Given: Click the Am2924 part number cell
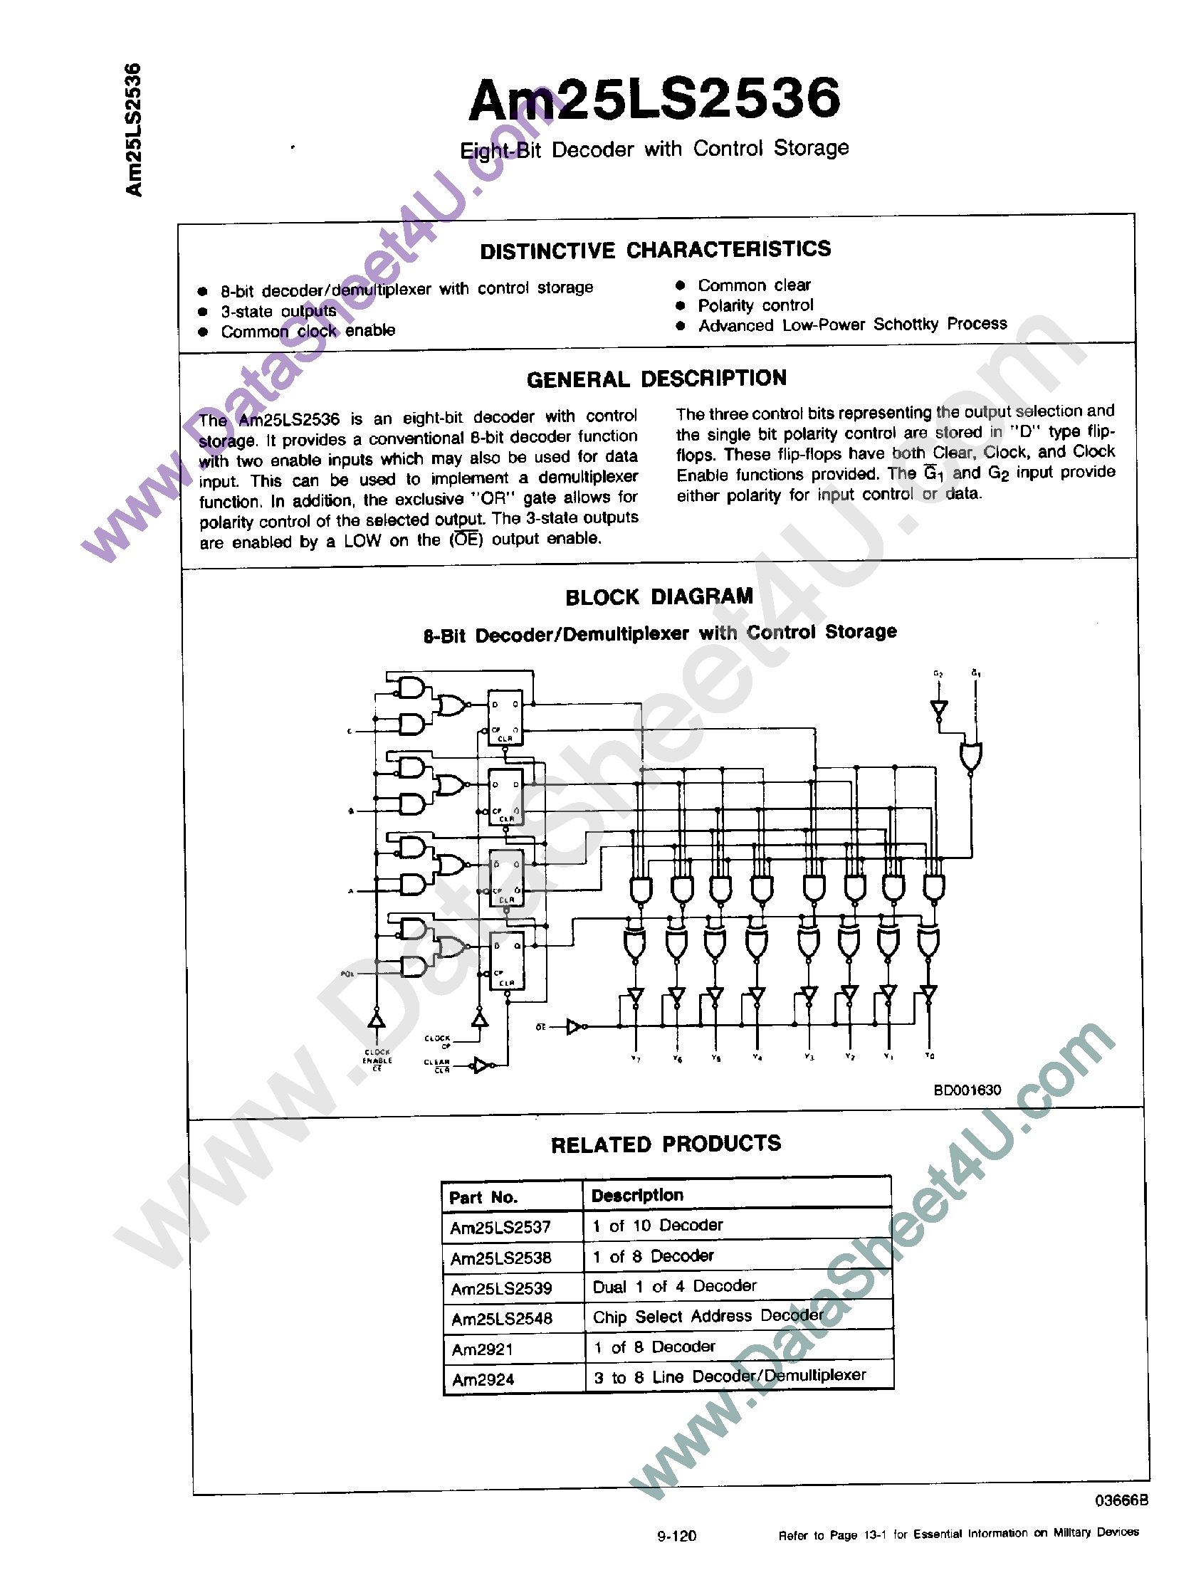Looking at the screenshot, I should point(483,1379).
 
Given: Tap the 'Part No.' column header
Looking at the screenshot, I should point(483,1197).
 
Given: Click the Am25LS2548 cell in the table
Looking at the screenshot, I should point(502,1318).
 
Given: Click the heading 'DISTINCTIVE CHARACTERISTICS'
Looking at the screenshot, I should point(655,250).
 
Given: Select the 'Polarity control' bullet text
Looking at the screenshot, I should point(755,305).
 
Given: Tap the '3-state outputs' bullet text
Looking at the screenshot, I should point(278,311).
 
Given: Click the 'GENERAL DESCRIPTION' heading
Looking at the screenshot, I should point(656,379).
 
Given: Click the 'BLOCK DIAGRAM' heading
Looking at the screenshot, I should point(659,597).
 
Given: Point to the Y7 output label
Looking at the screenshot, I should point(636,1058).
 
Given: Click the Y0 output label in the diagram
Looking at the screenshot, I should point(930,1055).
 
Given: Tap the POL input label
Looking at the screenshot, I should point(347,974).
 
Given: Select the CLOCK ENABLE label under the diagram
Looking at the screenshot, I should point(377,1060).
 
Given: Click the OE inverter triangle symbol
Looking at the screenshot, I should point(575,1027).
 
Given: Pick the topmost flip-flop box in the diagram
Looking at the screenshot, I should point(505,717).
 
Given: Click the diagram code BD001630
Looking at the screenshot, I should point(967,1090).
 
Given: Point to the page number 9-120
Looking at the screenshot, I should point(676,1536).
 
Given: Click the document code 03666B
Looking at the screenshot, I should point(1121,1500).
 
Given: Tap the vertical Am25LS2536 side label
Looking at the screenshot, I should point(134,130).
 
